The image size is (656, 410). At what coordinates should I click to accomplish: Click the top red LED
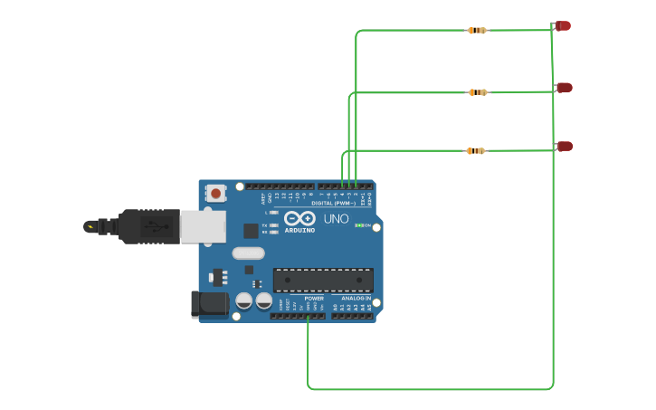[563, 26]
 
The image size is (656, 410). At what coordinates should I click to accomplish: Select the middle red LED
[564, 88]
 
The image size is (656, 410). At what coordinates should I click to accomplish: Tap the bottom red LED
[565, 146]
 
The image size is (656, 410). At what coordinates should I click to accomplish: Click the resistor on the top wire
[476, 31]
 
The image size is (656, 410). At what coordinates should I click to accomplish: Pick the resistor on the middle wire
[478, 92]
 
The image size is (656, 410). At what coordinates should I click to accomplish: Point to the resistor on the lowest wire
[475, 151]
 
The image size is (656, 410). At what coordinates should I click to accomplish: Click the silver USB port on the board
[203, 226]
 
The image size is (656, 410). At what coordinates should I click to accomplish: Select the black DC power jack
[210, 304]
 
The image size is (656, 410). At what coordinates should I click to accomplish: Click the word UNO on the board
[336, 219]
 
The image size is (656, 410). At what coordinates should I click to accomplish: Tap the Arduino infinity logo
[299, 218]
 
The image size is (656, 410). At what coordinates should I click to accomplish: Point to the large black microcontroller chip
[323, 281]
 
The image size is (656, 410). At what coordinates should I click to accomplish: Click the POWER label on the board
[314, 298]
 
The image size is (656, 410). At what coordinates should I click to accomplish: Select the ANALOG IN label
[356, 298]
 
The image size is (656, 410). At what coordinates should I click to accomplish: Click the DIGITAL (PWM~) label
[334, 203]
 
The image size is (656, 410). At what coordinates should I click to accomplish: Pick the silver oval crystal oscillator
[248, 253]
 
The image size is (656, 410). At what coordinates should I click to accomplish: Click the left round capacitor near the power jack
[243, 300]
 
